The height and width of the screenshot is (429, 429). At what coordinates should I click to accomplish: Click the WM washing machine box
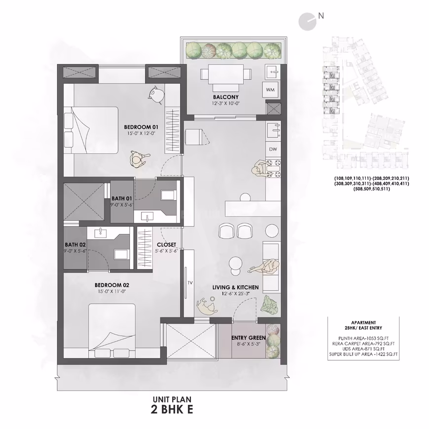click(x=270, y=89)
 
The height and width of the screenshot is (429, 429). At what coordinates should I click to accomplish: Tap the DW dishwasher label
click(x=273, y=149)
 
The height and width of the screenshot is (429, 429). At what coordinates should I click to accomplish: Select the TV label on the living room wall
click(x=190, y=283)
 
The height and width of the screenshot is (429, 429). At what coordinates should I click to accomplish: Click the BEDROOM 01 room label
click(x=141, y=127)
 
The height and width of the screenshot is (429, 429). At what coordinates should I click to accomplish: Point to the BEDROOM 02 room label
click(x=112, y=285)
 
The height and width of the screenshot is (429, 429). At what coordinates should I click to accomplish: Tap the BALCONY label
click(x=226, y=97)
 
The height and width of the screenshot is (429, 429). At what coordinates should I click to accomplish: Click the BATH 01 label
click(x=121, y=199)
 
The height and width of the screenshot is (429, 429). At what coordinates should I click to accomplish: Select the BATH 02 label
click(x=75, y=245)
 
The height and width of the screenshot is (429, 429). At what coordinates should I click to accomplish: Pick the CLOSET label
click(x=166, y=245)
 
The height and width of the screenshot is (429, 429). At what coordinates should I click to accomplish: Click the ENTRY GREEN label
click(x=249, y=338)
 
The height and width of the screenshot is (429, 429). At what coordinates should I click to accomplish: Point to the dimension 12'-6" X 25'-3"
click(x=236, y=294)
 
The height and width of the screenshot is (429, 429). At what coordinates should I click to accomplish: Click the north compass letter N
click(x=321, y=16)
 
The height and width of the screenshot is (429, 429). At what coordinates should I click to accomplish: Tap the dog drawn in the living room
click(x=207, y=305)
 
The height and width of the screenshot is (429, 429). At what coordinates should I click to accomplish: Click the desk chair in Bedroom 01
click(x=156, y=94)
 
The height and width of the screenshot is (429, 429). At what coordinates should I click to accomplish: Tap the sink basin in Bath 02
click(x=101, y=233)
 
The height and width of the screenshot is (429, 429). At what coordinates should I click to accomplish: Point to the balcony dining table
click(x=226, y=74)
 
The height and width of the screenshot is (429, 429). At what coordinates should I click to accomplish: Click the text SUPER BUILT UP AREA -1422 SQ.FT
click(x=363, y=355)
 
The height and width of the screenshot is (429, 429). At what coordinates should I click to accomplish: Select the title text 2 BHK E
click(x=172, y=410)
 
